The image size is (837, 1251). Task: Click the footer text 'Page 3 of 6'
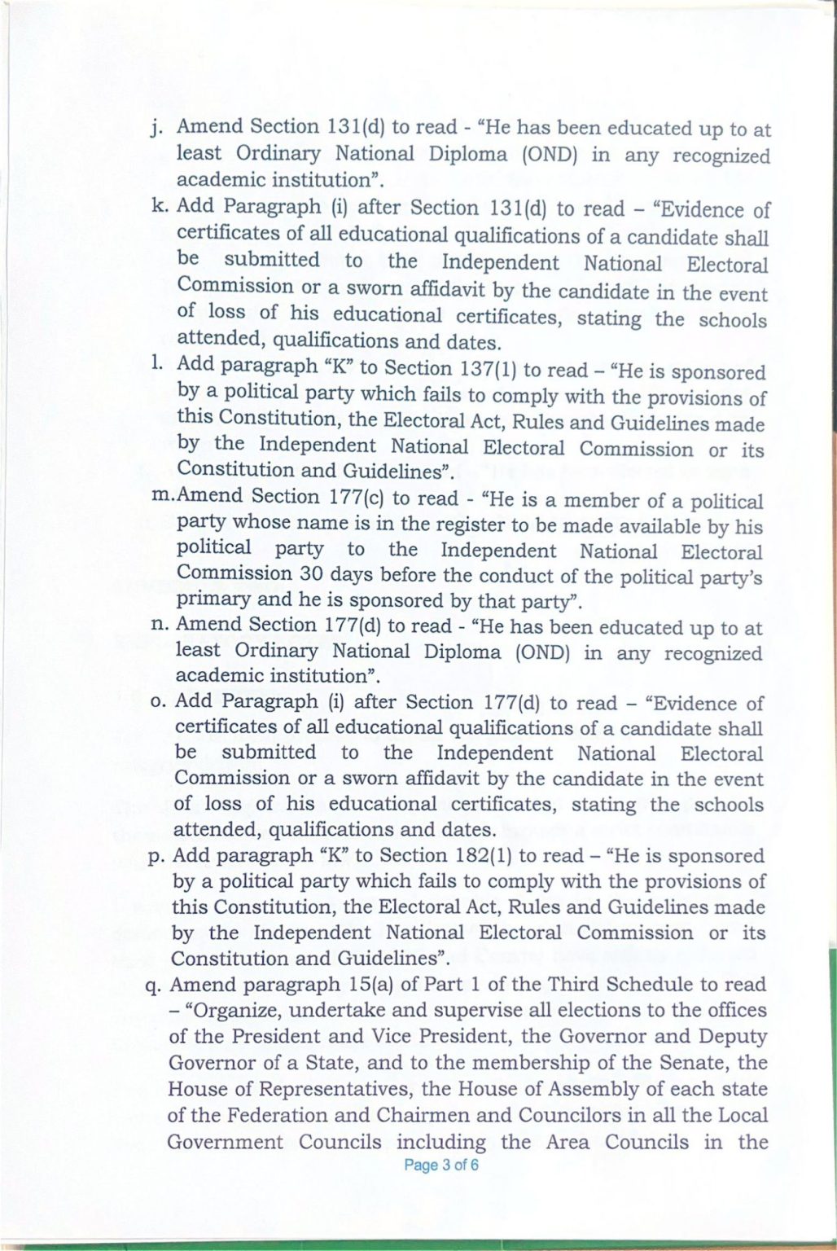(x=441, y=1165)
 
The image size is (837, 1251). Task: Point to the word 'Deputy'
(x=732, y=1037)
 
